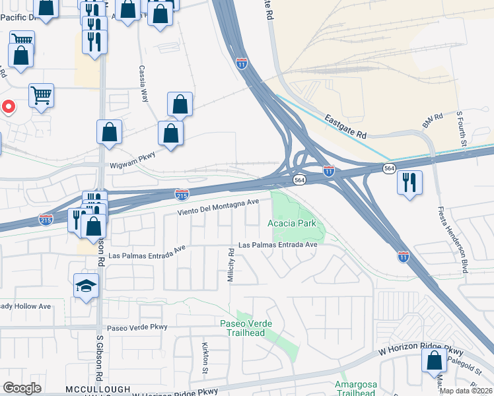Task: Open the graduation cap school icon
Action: (86, 286)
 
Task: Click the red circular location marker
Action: (9, 106)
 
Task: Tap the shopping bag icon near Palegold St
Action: (434, 360)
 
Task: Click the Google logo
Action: (22, 388)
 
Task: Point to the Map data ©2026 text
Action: (466, 390)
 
